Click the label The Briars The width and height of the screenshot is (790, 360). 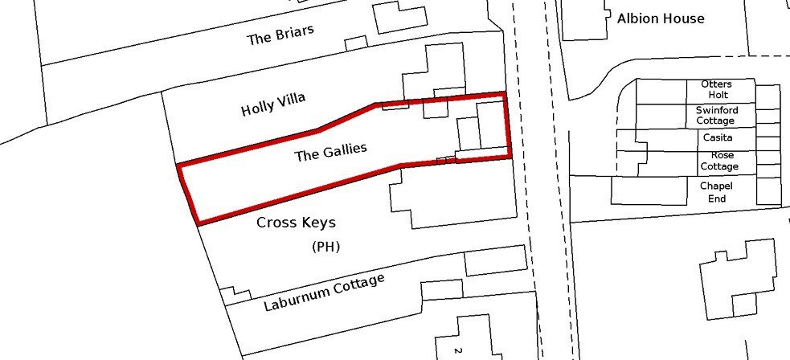(280, 35)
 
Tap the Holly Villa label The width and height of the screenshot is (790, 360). (273, 104)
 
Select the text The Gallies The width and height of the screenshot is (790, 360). (330, 152)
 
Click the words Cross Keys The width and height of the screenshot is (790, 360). (297, 222)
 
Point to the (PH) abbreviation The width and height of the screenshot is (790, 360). (326, 247)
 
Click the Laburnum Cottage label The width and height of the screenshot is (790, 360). (324, 292)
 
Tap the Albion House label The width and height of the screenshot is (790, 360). (661, 19)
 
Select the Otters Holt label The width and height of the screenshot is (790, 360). (717, 89)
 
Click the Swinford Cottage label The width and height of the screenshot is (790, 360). (716, 115)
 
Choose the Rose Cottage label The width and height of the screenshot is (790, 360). (719, 162)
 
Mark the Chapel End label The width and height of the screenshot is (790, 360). (716, 192)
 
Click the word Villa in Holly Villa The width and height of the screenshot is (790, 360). (291, 100)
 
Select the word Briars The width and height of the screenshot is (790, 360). (295, 32)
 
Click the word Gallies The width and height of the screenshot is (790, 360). (345, 149)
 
